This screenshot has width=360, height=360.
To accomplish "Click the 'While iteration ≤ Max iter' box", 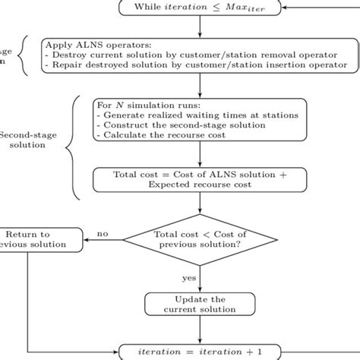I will coord(200,8).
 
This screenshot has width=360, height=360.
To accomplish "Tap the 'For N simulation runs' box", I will coord(200,119).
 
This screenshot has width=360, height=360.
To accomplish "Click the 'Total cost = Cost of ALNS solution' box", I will coord(200,179).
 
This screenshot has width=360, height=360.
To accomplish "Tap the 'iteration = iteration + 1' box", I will coord(200,351).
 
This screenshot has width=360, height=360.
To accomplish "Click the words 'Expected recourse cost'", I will coord(200,185).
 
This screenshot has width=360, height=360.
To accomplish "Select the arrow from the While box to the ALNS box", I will coord(200,26).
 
